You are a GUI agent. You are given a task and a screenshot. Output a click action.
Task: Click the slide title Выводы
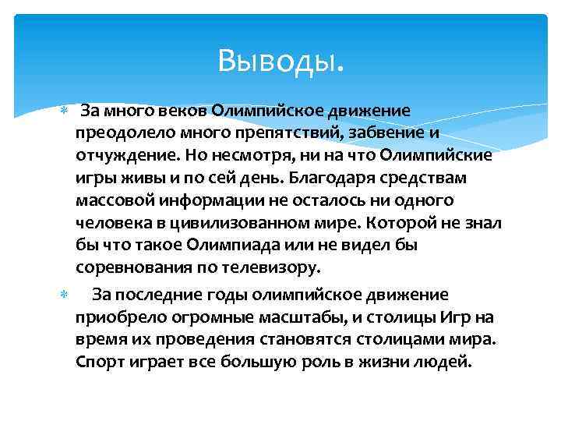(x=281, y=58)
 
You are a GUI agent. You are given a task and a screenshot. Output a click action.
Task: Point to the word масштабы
(x=330, y=317)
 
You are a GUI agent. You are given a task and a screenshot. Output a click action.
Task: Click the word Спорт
(x=97, y=363)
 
